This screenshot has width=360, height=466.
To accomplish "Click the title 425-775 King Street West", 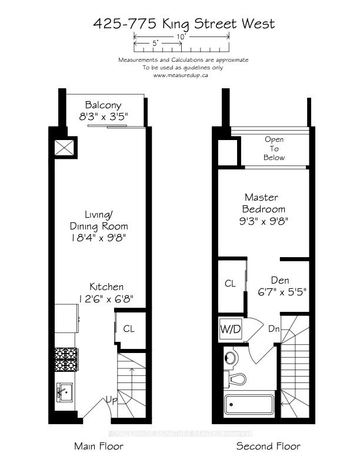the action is coord(184,24).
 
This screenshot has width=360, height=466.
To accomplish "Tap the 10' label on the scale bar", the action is coord(181,37).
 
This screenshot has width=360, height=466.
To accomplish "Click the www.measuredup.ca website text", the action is coord(181,75).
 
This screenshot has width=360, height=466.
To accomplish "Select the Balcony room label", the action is coord(103,105).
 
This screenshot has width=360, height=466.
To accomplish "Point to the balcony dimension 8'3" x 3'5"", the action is coord(104,116).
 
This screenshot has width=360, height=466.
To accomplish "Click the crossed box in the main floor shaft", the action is coord(64,148).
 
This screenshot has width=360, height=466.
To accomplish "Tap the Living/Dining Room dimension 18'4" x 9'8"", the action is coord(99,238).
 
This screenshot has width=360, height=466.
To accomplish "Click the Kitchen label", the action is coord(106,287).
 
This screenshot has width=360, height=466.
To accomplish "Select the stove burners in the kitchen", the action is coord(66,360).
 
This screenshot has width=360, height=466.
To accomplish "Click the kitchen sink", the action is coord(65,392).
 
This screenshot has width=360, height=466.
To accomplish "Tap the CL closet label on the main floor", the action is coord(129,329).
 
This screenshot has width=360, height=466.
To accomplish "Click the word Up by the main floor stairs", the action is coord(112,400).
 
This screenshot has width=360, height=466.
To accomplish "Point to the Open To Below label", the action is coord(274,148).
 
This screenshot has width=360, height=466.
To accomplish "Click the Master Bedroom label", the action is coord(264,203).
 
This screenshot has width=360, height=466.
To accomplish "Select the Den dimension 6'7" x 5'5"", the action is coord(282,292).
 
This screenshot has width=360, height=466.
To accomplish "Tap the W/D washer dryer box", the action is coord(231,329).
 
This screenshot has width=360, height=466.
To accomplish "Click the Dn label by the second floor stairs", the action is coord(274,329).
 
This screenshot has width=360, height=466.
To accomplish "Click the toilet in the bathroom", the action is coord(235,380).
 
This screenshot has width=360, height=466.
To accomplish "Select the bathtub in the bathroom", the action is coord(249,404).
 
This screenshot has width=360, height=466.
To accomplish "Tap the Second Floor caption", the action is coord(268,447).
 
